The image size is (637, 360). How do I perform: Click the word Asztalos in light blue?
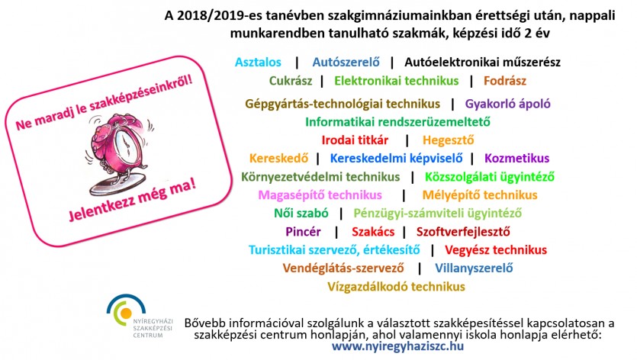tap(258, 63)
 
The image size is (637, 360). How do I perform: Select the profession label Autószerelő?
tap(346, 63)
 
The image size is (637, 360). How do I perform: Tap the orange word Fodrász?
tap(504, 81)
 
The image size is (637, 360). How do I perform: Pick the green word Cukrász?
tap(291, 81)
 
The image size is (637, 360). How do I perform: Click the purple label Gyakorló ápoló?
tap(508, 104)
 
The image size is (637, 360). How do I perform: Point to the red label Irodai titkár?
tap(355, 140)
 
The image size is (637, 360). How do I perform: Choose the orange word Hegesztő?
tap(448, 140)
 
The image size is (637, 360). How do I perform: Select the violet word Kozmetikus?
tap(516, 158)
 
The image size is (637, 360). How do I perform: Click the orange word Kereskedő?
tap(278, 158)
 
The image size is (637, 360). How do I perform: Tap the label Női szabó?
tap(301, 214)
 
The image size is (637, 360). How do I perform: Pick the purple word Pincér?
tap(303, 232)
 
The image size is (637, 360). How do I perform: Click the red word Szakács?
tap(373, 232)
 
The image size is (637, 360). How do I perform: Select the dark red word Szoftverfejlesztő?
tap(463, 232)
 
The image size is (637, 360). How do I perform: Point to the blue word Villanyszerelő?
tap(474, 268)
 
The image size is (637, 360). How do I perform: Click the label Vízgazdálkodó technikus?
tap(396, 287)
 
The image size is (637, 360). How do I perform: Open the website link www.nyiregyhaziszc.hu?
tap(397, 346)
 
